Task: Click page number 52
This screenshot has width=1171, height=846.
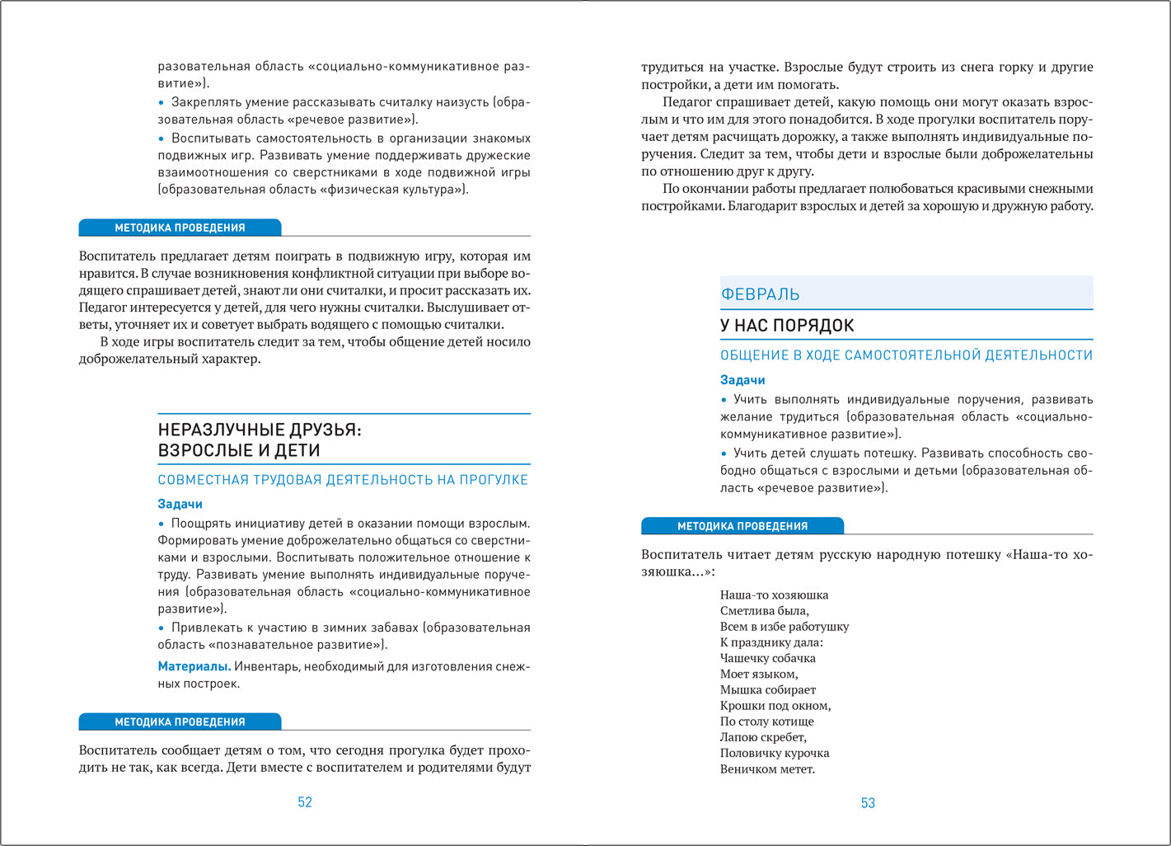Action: pyautogui.click(x=304, y=802)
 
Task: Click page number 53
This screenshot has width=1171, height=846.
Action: pyautogui.click(x=868, y=803)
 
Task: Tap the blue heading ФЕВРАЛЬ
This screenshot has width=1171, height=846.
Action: pyautogui.click(x=760, y=294)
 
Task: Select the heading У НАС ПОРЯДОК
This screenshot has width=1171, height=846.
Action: pyautogui.click(x=786, y=326)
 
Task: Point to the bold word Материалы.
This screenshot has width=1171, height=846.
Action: pyautogui.click(x=194, y=666)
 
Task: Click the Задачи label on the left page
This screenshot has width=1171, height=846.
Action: pyautogui.click(x=180, y=504)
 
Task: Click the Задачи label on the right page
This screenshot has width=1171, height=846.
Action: pyautogui.click(x=742, y=380)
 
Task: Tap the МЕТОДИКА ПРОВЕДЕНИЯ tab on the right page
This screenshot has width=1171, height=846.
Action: pyautogui.click(x=742, y=526)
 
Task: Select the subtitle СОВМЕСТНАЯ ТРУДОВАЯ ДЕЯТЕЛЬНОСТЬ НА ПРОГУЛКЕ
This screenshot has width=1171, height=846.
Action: pyautogui.click(x=343, y=480)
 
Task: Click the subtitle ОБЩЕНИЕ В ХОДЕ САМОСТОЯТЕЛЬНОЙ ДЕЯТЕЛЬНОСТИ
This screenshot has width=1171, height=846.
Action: pyautogui.click(x=906, y=355)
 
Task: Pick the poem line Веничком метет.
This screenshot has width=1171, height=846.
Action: pyautogui.click(x=766, y=769)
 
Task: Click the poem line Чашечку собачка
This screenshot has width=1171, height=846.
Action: pyautogui.click(x=767, y=658)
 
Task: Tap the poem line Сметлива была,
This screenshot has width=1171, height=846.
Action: pyautogui.click(x=764, y=611)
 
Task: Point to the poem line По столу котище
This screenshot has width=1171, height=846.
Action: pyautogui.click(x=766, y=721)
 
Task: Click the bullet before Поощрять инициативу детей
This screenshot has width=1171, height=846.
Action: pyautogui.click(x=162, y=524)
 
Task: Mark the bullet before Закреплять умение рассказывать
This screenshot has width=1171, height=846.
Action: pyautogui.click(x=162, y=102)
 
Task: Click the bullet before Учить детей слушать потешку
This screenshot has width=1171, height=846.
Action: pyautogui.click(x=724, y=454)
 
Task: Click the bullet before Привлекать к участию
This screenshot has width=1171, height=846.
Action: pyautogui.click(x=162, y=627)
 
